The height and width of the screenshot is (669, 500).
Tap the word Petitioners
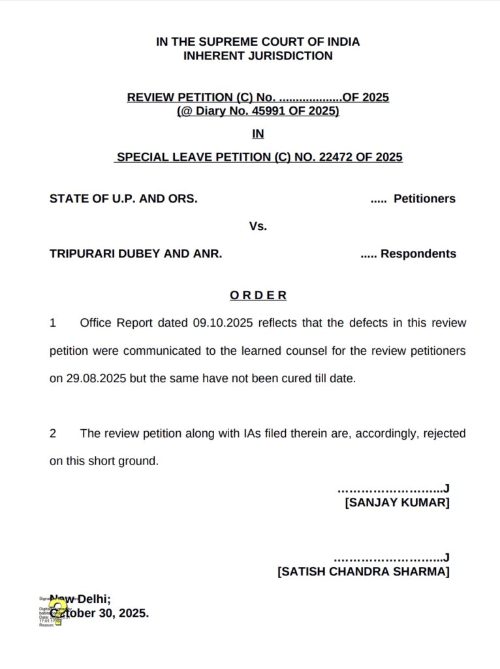424,199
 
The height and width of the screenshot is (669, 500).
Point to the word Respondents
418,253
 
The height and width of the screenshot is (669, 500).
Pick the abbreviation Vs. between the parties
258,226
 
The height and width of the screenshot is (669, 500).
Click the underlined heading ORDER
258,295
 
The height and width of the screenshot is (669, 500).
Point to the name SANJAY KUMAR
397,502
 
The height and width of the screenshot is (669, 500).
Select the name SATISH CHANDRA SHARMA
364,572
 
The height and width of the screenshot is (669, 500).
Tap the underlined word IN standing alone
258,135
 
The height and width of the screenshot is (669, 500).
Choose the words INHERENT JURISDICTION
258,56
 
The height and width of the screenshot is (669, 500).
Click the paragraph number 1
53,323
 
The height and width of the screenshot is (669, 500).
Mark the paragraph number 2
53,433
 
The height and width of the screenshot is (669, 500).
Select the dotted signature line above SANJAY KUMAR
392,488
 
